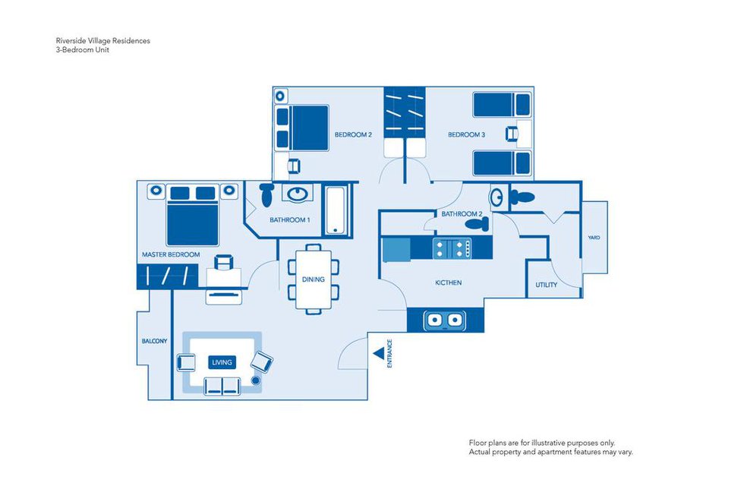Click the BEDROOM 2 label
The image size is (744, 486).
click(353, 135)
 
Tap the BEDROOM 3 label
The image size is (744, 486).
click(466, 135)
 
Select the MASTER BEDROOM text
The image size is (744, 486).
click(171, 254)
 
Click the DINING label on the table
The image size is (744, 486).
click(314, 279)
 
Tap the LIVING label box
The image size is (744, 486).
click(222, 362)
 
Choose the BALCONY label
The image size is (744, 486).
click(154, 341)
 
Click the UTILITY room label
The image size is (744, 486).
click(546, 286)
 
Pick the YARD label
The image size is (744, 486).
click(594, 238)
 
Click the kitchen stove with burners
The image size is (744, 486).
click(452, 248)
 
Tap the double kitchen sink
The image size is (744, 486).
click(444, 320)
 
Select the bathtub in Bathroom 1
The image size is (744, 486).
click(336, 210)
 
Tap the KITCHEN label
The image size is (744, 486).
click(448, 282)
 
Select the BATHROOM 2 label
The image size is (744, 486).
click(461, 214)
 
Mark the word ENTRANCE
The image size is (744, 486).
click(390, 354)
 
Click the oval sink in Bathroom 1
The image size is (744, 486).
click(296, 194)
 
